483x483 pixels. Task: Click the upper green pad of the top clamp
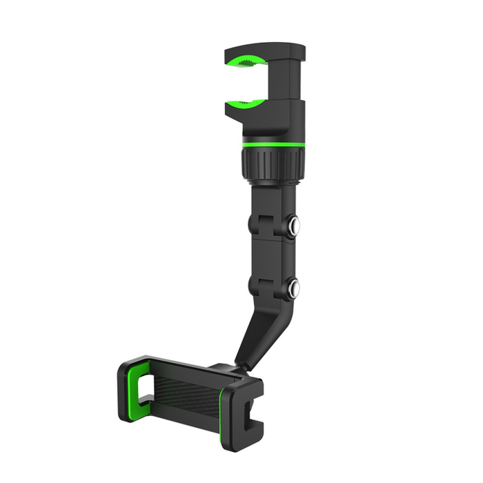click(x=247, y=62)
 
